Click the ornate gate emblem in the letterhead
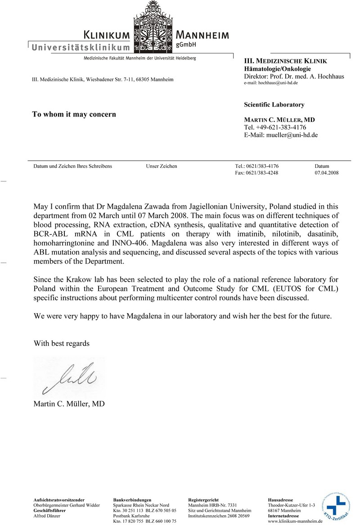pos(153,27)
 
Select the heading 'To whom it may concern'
pos(74,114)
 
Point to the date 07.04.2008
pos(327,173)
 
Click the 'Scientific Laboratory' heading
pos(274,105)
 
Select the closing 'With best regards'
pos(62,343)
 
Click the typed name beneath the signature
pos(69,404)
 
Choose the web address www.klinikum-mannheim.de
pos(296,521)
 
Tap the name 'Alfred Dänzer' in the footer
pos(47,516)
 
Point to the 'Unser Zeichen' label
pos(162,166)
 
